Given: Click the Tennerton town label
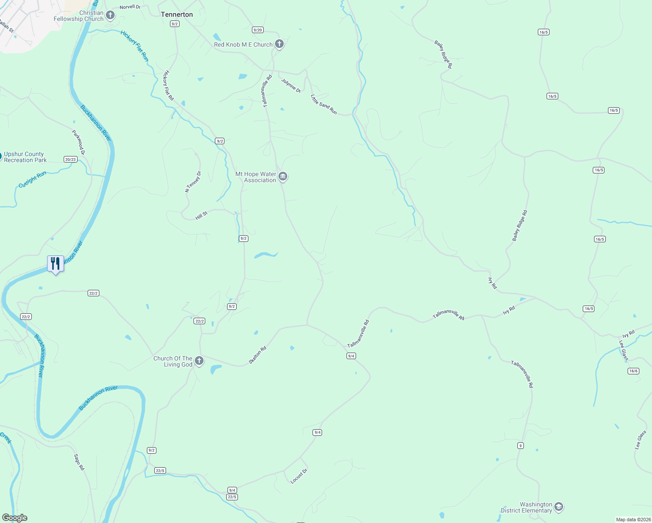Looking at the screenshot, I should tap(177, 14).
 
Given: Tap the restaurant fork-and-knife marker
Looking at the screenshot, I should tap(55, 264).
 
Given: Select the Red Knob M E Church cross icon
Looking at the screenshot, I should tap(279, 44).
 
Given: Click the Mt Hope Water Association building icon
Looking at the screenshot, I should tap(283, 177).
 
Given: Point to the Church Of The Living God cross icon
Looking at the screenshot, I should tap(199, 361).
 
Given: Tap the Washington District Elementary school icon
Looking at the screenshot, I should tap(559, 507).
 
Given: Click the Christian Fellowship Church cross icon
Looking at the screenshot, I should tap(110, 16).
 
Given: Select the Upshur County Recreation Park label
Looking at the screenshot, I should tap(25, 157).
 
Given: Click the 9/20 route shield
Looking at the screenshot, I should tap(258, 30).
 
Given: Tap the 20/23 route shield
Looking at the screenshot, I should tap(71, 160).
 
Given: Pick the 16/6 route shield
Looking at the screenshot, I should tap(633, 371).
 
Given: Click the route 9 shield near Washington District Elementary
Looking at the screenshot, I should tap(520, 445).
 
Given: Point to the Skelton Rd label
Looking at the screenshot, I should tap(257, 355).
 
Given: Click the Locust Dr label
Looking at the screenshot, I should tap(299, 475).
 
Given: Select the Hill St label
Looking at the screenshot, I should tap(201, 215).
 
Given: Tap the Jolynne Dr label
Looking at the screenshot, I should tap(291, 85).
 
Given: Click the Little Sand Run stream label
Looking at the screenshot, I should tap(324, 105).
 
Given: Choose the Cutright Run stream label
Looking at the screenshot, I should tap(32, 180).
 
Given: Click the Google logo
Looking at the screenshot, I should tap(15, 518).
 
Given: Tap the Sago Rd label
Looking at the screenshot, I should tap(79, 462).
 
